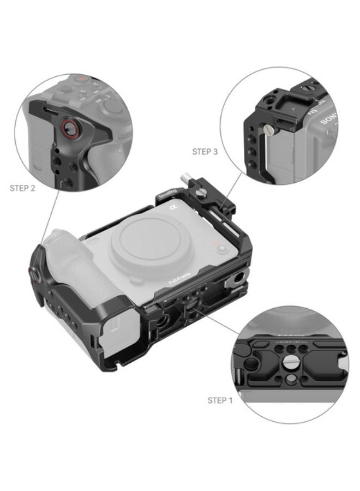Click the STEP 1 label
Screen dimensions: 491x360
tap(220, 400)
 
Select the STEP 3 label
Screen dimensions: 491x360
tap(205, 152)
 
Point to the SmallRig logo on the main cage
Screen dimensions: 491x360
tap(166, 194)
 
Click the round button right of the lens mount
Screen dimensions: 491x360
tap(223, 247)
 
